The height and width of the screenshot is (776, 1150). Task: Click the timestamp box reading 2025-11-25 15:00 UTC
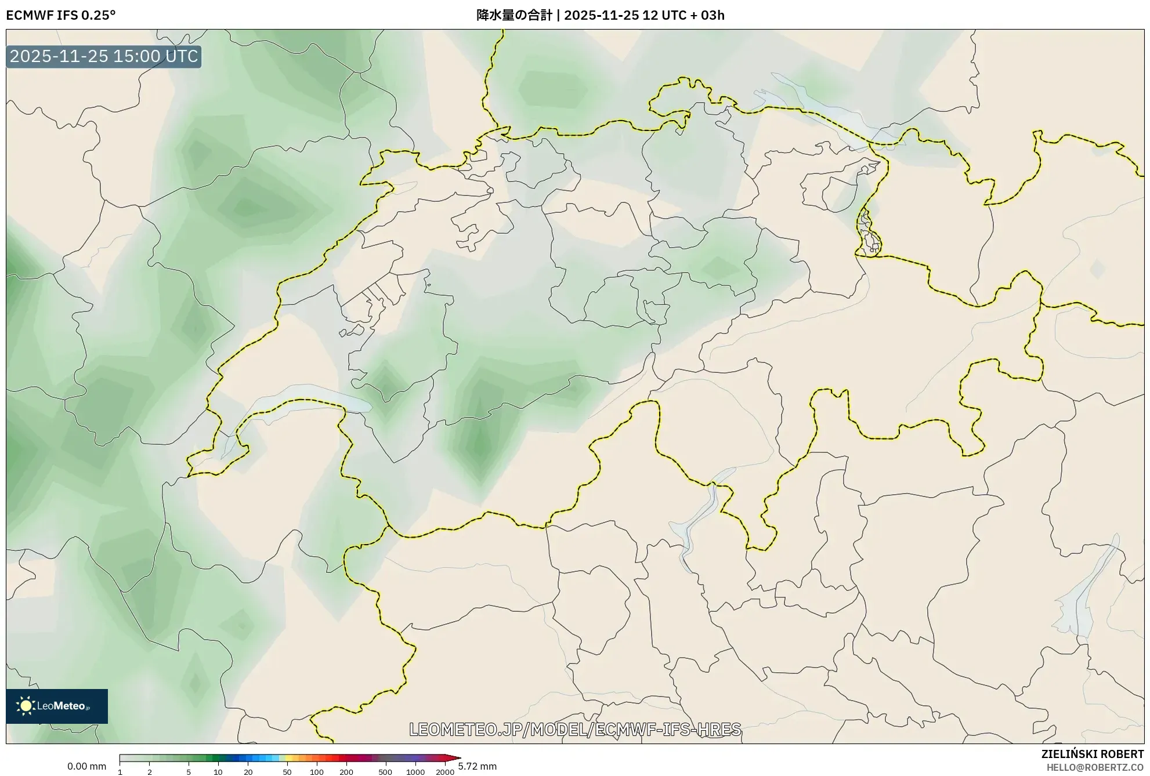(x=104, y=56)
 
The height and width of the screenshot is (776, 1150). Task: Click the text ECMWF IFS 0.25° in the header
(x=61, y=15)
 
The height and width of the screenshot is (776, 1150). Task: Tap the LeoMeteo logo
(x=57, y=706)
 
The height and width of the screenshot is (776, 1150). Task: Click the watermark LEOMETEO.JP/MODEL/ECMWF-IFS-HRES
(x=575, y=729)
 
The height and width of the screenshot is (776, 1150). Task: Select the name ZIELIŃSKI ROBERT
(x=1093, y=754)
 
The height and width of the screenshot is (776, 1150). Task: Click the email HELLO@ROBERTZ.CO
(x=1095, y=767)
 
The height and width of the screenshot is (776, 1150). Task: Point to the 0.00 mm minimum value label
(x=86, y=766)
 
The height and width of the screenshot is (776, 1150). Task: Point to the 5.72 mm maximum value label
(x=477, y=766)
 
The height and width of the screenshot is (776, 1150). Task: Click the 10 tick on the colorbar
(x=218, y=772)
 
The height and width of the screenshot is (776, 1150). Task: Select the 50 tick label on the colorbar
(x=287, y=772)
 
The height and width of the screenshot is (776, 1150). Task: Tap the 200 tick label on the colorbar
(x=346, y=772)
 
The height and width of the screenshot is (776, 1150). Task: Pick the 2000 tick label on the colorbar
(x=445, y=772)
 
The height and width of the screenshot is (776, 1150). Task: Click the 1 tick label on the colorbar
(x=120, y=772)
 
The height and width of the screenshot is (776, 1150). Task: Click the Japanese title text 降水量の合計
(x=514, y=15)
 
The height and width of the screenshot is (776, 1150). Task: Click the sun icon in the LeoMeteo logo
(x=26, y=706)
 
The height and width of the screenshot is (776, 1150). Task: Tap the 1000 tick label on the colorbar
(x=415, y=772)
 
